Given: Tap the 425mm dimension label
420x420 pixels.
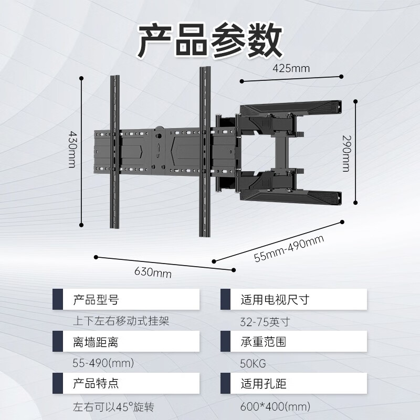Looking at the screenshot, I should click(x=291, y=68).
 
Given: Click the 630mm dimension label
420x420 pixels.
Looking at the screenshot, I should click(x=153, y=272).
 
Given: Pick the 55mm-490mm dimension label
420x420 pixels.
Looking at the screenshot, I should click(x=289, y=249).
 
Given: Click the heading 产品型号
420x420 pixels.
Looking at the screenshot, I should click(x=95, y=300).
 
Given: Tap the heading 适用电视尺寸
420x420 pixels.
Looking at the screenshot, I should click(x=275, y=300).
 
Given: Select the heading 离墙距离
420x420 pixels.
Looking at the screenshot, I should click(x=95, y=342).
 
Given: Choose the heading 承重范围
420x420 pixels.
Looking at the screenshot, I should click(x=263, y=342).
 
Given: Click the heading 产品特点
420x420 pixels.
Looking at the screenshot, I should click(x=95, y=383).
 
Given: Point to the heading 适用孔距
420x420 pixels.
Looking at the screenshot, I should click(x=263, y=383).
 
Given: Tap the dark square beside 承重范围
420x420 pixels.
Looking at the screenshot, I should click(x=226, y=342).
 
